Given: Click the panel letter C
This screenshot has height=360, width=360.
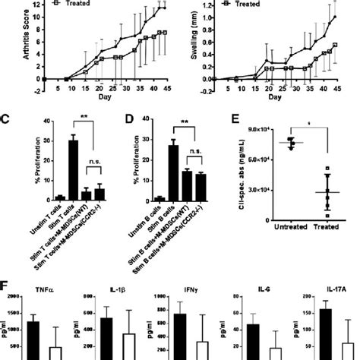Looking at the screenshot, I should click(5, 118).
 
